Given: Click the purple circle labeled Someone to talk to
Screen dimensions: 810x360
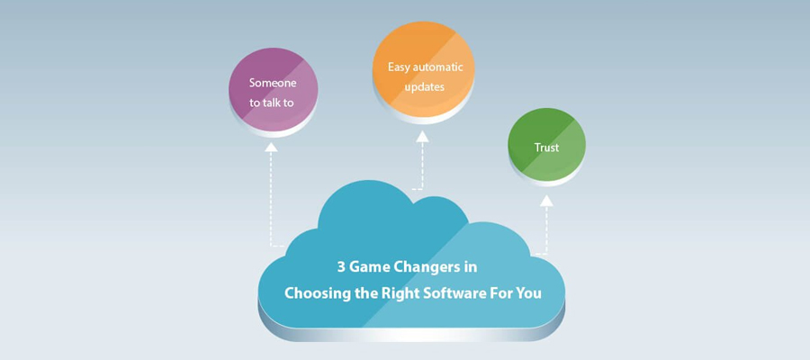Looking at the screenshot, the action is (x=274, y=89).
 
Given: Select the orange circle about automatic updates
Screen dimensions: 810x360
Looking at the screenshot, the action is (x=424, y=69).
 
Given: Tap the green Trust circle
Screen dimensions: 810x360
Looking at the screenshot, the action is (x=546, y=144).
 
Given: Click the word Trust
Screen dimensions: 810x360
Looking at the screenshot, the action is (x=546, y=148).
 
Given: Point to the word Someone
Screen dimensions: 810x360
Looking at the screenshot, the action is (x=273, y=83).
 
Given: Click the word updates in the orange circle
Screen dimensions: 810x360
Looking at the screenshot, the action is (x=425, y=87).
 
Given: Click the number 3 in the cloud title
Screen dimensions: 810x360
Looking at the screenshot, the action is (x=341, y=267).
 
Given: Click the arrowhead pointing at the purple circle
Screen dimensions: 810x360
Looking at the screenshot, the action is (x=271, y=148).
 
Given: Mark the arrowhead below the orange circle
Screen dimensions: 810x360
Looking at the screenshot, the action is (x=423, y=137).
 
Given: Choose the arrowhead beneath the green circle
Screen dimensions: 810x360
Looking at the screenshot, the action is (x=546, y=201).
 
